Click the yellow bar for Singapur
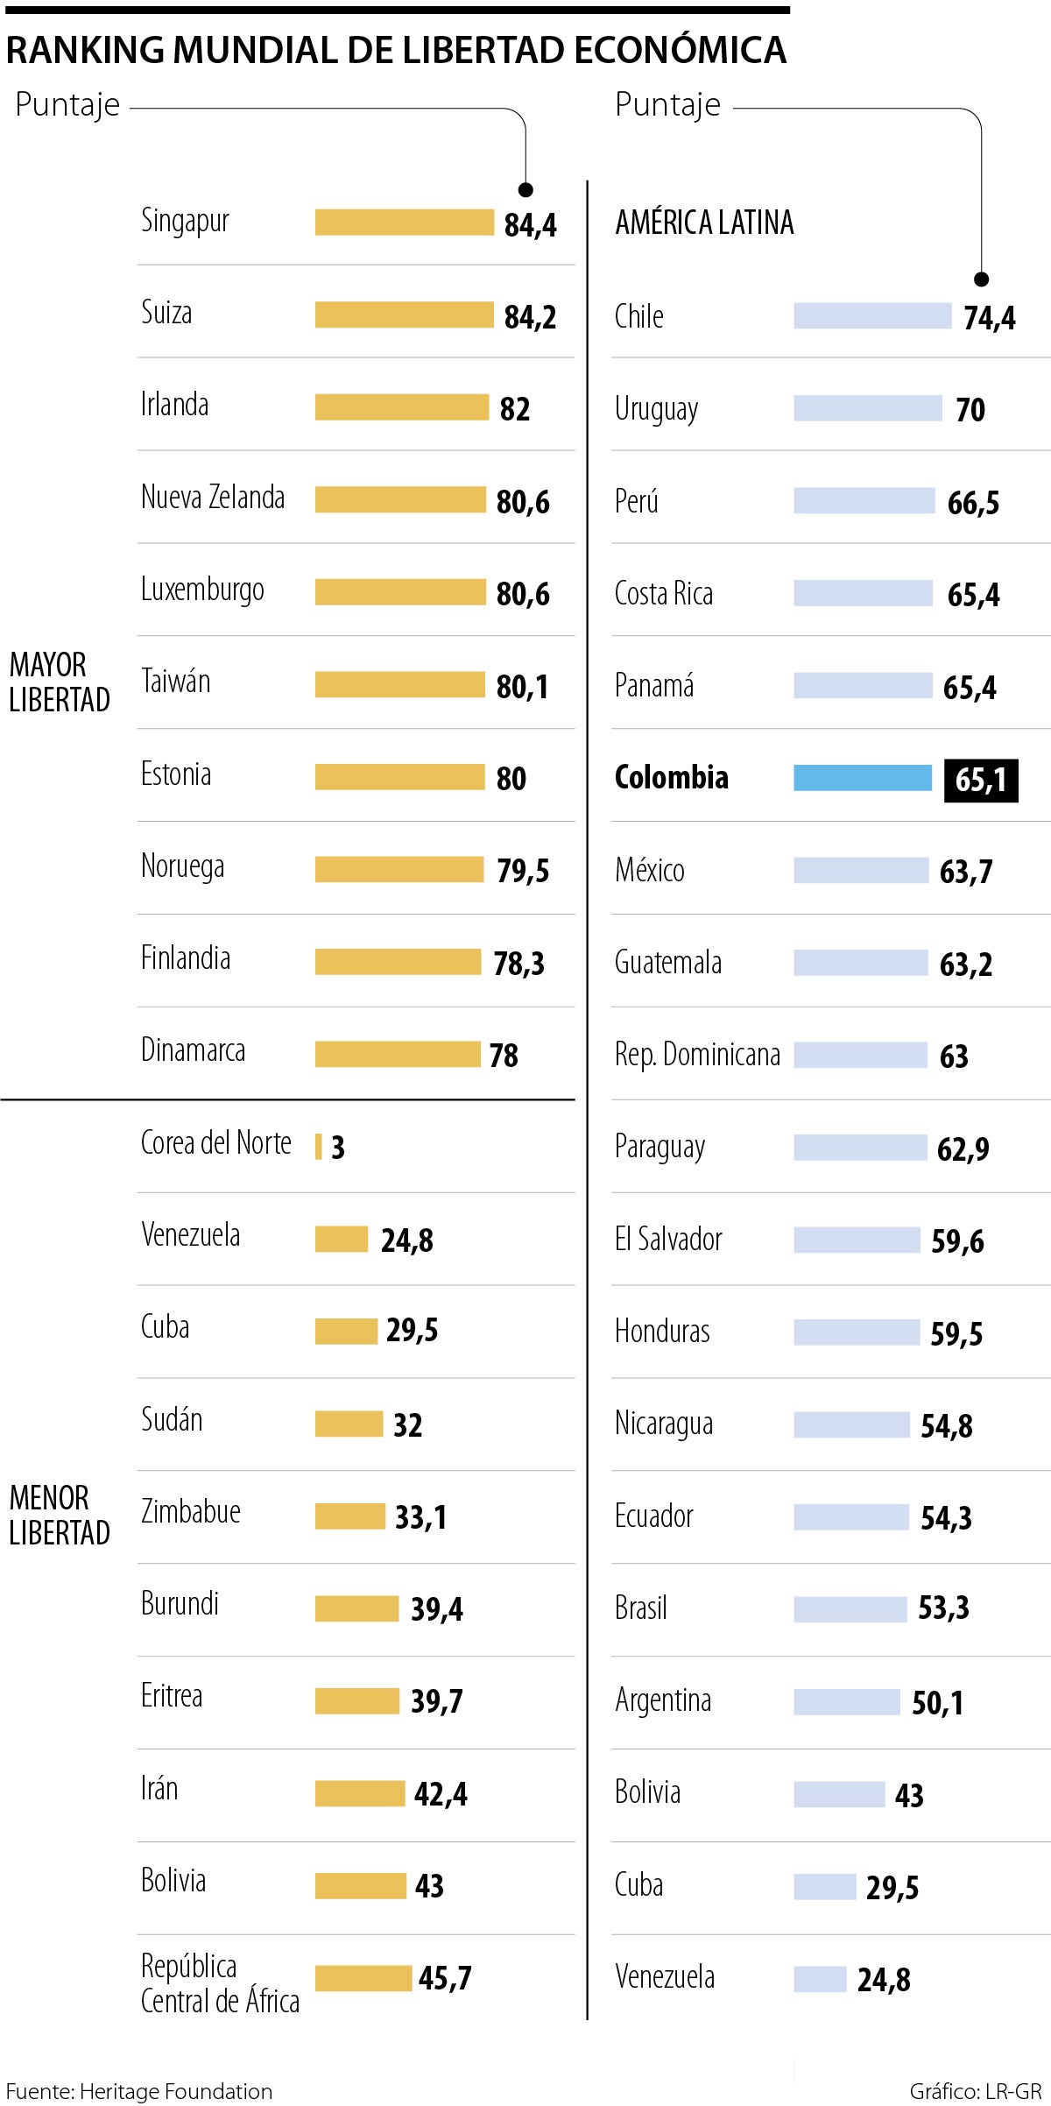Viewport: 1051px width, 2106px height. pyautogui.click(x=404, y=223)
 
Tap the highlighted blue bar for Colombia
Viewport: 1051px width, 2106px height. pyautogui.click(x=863, y=778)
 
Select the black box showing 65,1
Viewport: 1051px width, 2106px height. pyautogui.click(x=981, y=780)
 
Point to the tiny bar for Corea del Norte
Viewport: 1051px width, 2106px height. pyautogui.click(x=319, y=1147)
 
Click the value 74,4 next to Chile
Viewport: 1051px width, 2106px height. pyautogui.click(x=990, y=318)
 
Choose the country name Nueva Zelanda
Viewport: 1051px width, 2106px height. pyautogui.click(x=213, y=498)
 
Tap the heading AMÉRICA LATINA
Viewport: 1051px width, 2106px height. pyautogui.click(x=704, y=223)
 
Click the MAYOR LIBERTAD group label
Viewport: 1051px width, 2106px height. pyautogui.click(x=60, y=682)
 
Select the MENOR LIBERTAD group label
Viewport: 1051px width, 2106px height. pyautogui.click(x=60, y=1516)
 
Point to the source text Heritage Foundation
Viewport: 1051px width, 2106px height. pyautogui.click(x=175, y=2091)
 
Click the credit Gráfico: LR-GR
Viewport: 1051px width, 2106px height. pyautogui.click(x=975, y=2091)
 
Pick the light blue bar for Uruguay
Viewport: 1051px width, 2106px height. pyautogui.click(x=867, y=408)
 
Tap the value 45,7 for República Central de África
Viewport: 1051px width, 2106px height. pyautogui.click(x=445, y=1978)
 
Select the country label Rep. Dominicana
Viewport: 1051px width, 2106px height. pyautogui.click(x=697, y=1055)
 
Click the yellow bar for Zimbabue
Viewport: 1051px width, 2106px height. pyautogui.click(x=349, y=1516)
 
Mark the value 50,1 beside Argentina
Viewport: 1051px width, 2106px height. pyautogui.click(x=937, y=1703)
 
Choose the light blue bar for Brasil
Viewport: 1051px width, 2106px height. pyautogui.click(x=850, y=1609)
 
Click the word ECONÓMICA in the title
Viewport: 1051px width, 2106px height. pyautogui.click(x=680, y=50)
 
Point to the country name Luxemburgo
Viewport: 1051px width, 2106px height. pyautogui.click(x=202, y=590)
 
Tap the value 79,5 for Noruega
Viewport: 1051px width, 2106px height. pyautogui.click(x=523, y=871)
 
